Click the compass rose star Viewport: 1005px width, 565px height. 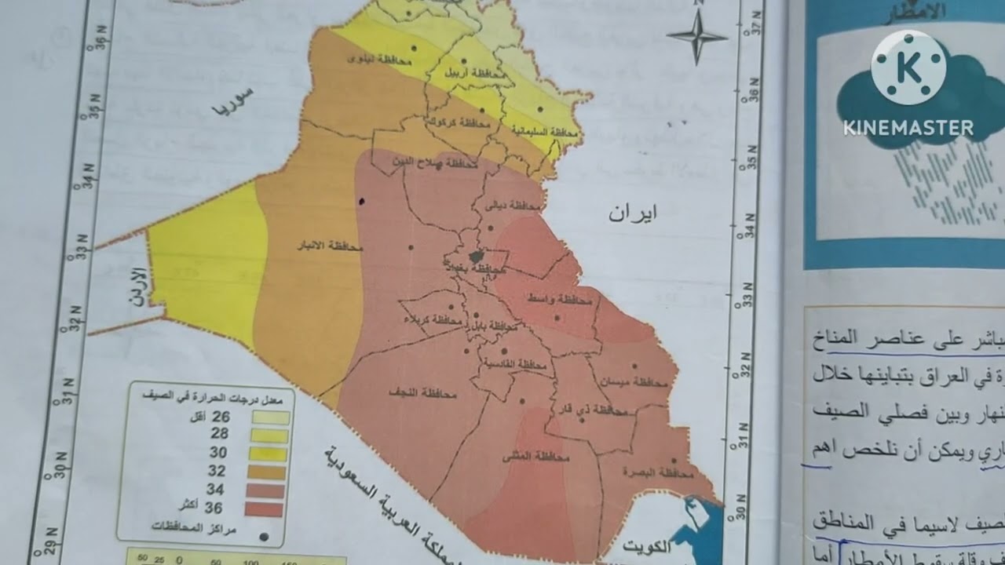[x=697, y=36]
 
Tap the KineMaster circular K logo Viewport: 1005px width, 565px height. [x=908, y=68]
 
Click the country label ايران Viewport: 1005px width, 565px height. [x=633, y=213]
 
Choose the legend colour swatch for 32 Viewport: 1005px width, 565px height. [x=269, y=472]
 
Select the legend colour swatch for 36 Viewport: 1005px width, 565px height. [x=267, y=509]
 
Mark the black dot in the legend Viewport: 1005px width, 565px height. [x=265, y=538]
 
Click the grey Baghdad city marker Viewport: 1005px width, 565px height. [x=475, y=256]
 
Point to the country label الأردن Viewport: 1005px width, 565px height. [x=137, y=286]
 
